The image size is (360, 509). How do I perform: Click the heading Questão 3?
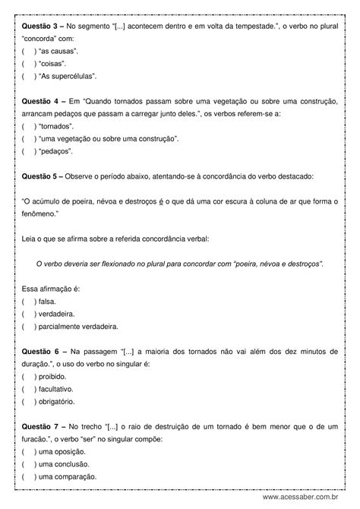39,26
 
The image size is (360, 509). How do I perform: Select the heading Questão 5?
39,176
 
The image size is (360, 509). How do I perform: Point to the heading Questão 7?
39,426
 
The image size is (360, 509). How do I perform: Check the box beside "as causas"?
28,52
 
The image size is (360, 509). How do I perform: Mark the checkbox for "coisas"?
28,65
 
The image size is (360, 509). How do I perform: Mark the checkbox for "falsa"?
28,302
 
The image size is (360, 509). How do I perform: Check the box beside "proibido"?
28,376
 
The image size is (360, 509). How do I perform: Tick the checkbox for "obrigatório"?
28,401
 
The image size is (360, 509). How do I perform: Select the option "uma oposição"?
62,451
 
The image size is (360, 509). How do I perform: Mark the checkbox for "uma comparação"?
28,476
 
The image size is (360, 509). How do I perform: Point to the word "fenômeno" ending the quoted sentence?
43,214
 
